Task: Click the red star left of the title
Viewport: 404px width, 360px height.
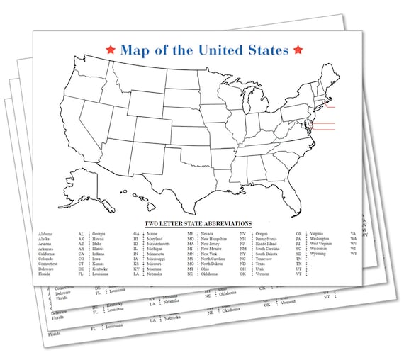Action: coord(110,50)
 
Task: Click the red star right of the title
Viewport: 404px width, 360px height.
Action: coord(298,50)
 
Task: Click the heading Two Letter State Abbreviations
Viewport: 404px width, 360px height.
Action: coord(198,225)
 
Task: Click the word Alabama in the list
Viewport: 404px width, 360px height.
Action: coord(46,234)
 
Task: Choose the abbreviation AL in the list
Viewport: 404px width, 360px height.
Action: coord(82,234)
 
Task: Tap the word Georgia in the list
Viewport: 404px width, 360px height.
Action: coord(99,234)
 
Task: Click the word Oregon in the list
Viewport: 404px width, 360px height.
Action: coord(262,234)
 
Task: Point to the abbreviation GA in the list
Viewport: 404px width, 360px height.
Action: coord(136,234)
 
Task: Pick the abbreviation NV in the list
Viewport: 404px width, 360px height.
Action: coord(243,234)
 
